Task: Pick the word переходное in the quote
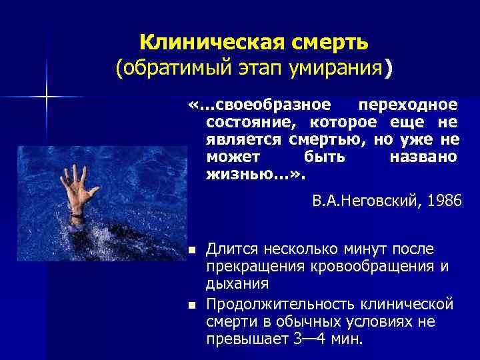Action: pos(408,105)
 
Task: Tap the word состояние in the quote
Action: pos(247,123)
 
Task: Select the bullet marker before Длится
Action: pos(191,251)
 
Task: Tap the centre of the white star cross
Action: pos(47,98)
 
